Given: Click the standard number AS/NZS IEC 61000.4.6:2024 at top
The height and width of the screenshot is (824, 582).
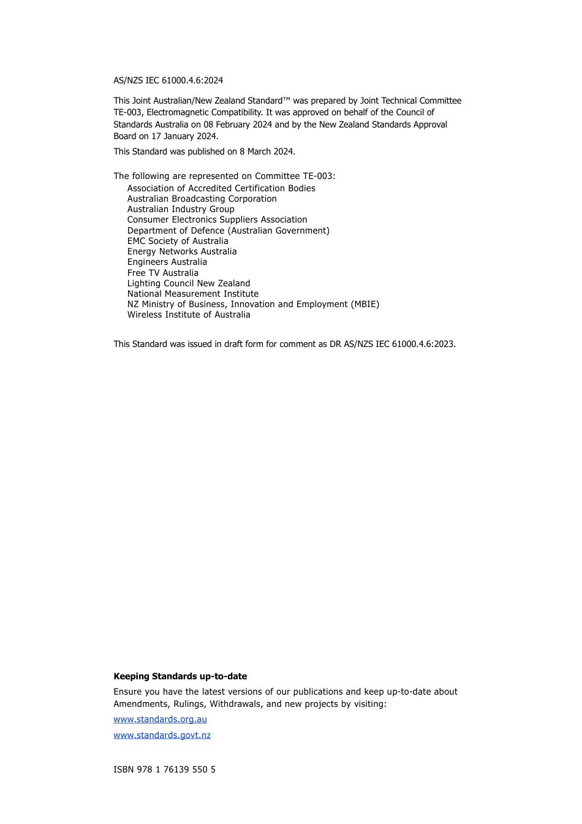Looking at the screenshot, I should [x=168, y=80].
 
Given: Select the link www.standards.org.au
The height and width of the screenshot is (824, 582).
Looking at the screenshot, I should [x=160, y=719].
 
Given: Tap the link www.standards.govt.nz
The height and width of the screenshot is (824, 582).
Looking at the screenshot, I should [x=162, y=735].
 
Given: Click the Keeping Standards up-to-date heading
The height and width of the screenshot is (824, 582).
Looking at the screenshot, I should [x=180, y=676].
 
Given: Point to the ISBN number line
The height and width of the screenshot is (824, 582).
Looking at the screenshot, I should [x=164, y=769].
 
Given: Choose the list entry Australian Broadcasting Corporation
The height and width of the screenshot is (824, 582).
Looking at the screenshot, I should [x=202, y=199].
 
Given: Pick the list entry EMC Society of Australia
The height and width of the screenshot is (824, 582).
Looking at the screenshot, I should [x=178, y=241].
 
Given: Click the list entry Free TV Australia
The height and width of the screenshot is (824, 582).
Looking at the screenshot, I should [x=162, y=273].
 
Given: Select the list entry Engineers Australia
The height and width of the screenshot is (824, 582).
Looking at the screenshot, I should [x=167, y=262].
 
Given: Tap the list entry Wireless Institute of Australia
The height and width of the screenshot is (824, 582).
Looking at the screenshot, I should [x=189, y=315].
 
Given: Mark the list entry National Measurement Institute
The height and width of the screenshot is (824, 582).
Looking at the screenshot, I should [x=192, y=294].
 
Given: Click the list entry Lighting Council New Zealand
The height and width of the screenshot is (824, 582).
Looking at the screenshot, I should [x=189, y=283].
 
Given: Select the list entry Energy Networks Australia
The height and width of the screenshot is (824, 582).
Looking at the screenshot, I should [x=181, y=251].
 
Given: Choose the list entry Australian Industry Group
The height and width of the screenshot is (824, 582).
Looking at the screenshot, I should [x=181, y=209].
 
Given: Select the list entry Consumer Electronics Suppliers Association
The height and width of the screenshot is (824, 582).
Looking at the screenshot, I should [x=217, y=219].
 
